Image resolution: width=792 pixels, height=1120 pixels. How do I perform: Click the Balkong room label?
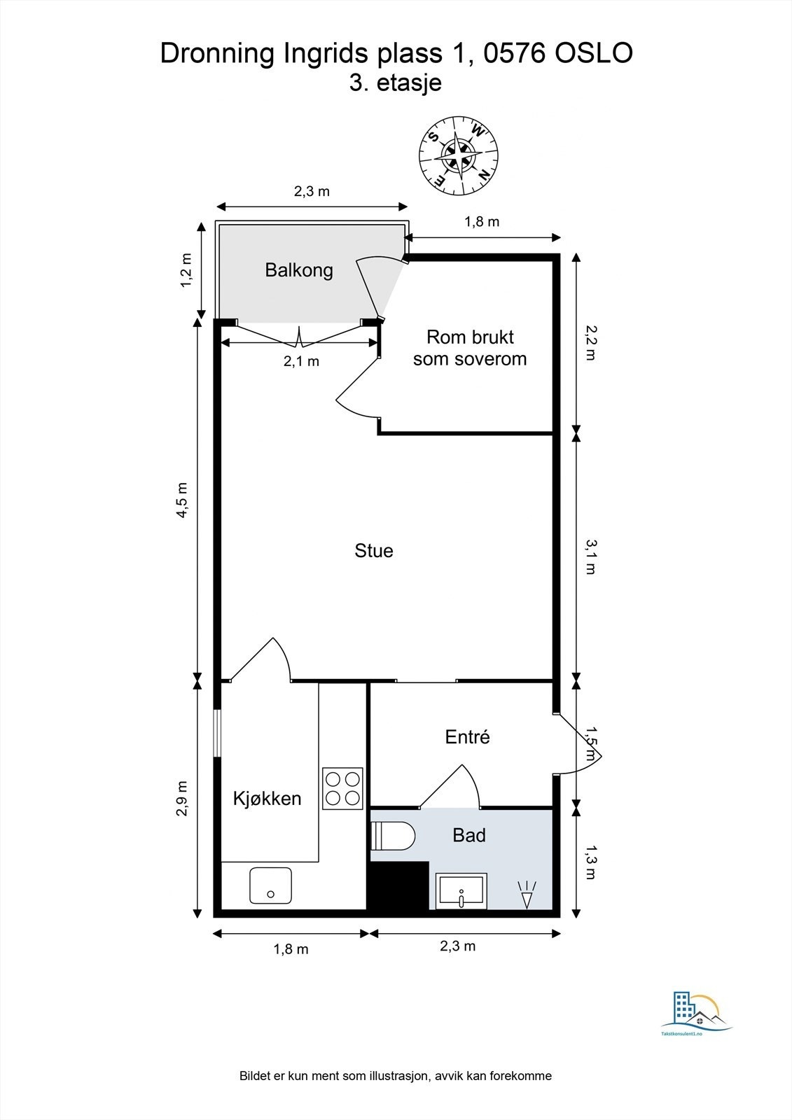299,270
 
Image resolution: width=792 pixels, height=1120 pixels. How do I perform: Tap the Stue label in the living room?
374,550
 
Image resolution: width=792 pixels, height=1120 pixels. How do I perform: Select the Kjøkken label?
268,799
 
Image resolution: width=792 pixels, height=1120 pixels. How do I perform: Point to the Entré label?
467,736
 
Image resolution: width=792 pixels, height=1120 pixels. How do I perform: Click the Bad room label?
468,835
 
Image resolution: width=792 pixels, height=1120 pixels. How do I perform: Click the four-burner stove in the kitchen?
342,788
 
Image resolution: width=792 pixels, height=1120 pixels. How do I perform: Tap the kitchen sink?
271,885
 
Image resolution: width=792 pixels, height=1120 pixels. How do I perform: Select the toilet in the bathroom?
393,836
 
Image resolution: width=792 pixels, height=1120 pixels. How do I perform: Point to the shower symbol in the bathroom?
527,895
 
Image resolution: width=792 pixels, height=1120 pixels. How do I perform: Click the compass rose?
459,155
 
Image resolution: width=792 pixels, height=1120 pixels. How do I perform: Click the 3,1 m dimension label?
591,556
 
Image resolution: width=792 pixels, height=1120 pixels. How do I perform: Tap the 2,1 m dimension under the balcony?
301,361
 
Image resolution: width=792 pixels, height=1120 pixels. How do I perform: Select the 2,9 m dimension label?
181,799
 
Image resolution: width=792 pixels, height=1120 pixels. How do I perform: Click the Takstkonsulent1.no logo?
697,1015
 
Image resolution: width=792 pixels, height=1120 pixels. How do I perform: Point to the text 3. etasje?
395,83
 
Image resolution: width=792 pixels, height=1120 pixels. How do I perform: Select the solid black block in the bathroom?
399,885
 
